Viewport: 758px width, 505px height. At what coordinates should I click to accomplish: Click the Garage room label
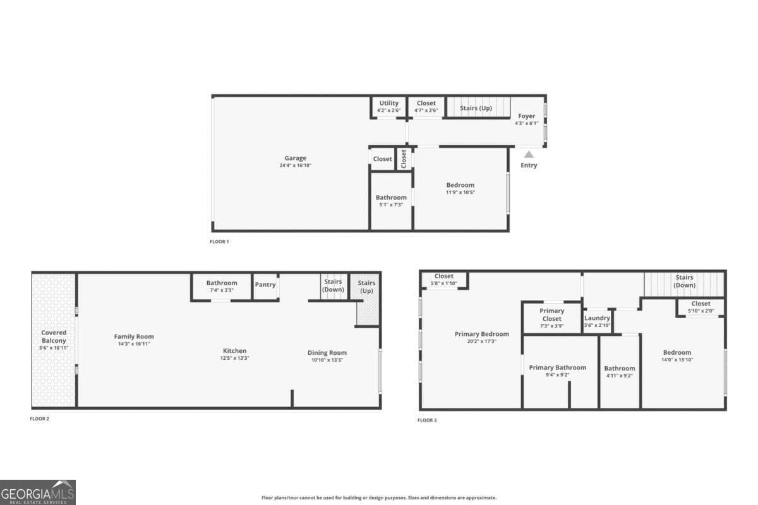295,158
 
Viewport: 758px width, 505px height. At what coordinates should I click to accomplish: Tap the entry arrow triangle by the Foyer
529,154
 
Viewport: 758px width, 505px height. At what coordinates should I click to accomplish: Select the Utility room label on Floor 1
388,103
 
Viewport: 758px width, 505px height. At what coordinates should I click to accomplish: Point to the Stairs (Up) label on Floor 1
476,108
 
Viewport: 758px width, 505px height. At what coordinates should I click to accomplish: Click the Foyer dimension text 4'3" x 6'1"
526,123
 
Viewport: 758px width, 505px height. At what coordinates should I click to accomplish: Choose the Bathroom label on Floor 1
391,198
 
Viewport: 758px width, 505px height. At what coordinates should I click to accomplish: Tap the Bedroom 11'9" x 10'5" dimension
460,192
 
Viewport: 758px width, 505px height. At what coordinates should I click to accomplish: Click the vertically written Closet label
404,158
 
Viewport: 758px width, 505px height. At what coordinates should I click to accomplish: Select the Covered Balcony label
54,336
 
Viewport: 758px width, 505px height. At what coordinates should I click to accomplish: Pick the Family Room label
134,336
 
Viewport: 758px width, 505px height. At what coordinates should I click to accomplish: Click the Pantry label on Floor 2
265,285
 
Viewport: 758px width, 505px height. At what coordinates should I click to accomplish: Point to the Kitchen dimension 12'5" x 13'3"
234,359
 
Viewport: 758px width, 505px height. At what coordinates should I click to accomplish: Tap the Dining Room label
327,353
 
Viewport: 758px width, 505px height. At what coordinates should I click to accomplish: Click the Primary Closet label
551,315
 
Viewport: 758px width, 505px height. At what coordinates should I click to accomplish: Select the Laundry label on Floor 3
597,318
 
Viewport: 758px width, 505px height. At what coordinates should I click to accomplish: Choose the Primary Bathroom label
557,367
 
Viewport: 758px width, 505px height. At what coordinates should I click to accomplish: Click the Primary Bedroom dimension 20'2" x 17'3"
481,341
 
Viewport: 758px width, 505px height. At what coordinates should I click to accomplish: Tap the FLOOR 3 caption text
427,420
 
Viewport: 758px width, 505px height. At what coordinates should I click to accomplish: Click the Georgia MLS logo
38,492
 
